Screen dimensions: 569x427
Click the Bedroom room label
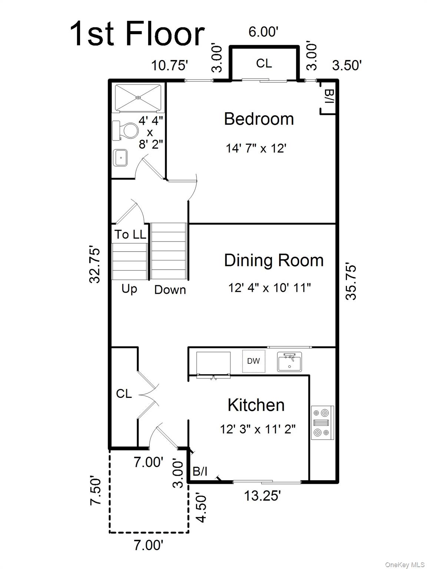pos(259,119)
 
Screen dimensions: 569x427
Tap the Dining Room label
pos(274,260)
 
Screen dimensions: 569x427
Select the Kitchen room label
pos(256,405)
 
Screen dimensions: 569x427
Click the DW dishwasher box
pos(254,361)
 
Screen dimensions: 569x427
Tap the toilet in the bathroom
pos(126,131)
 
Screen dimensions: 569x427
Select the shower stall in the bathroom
pos(139,98)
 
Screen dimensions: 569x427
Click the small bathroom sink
pos(120,158)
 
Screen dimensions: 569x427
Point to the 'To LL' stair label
pos(130,234)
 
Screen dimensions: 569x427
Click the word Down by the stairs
pos(170,290)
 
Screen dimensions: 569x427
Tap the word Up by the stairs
pos(129,289)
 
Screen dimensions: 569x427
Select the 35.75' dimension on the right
pos(351,282)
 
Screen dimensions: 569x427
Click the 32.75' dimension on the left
pos(95,265)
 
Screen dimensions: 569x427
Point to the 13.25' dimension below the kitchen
pos(262,496)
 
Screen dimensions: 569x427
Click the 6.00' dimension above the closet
pos(263,32)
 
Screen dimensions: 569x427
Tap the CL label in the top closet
pos(264,63)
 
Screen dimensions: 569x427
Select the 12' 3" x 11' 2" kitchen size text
pos(258,429)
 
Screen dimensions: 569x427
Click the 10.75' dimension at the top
pos(169,66)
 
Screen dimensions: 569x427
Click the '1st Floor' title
pos(137,34)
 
